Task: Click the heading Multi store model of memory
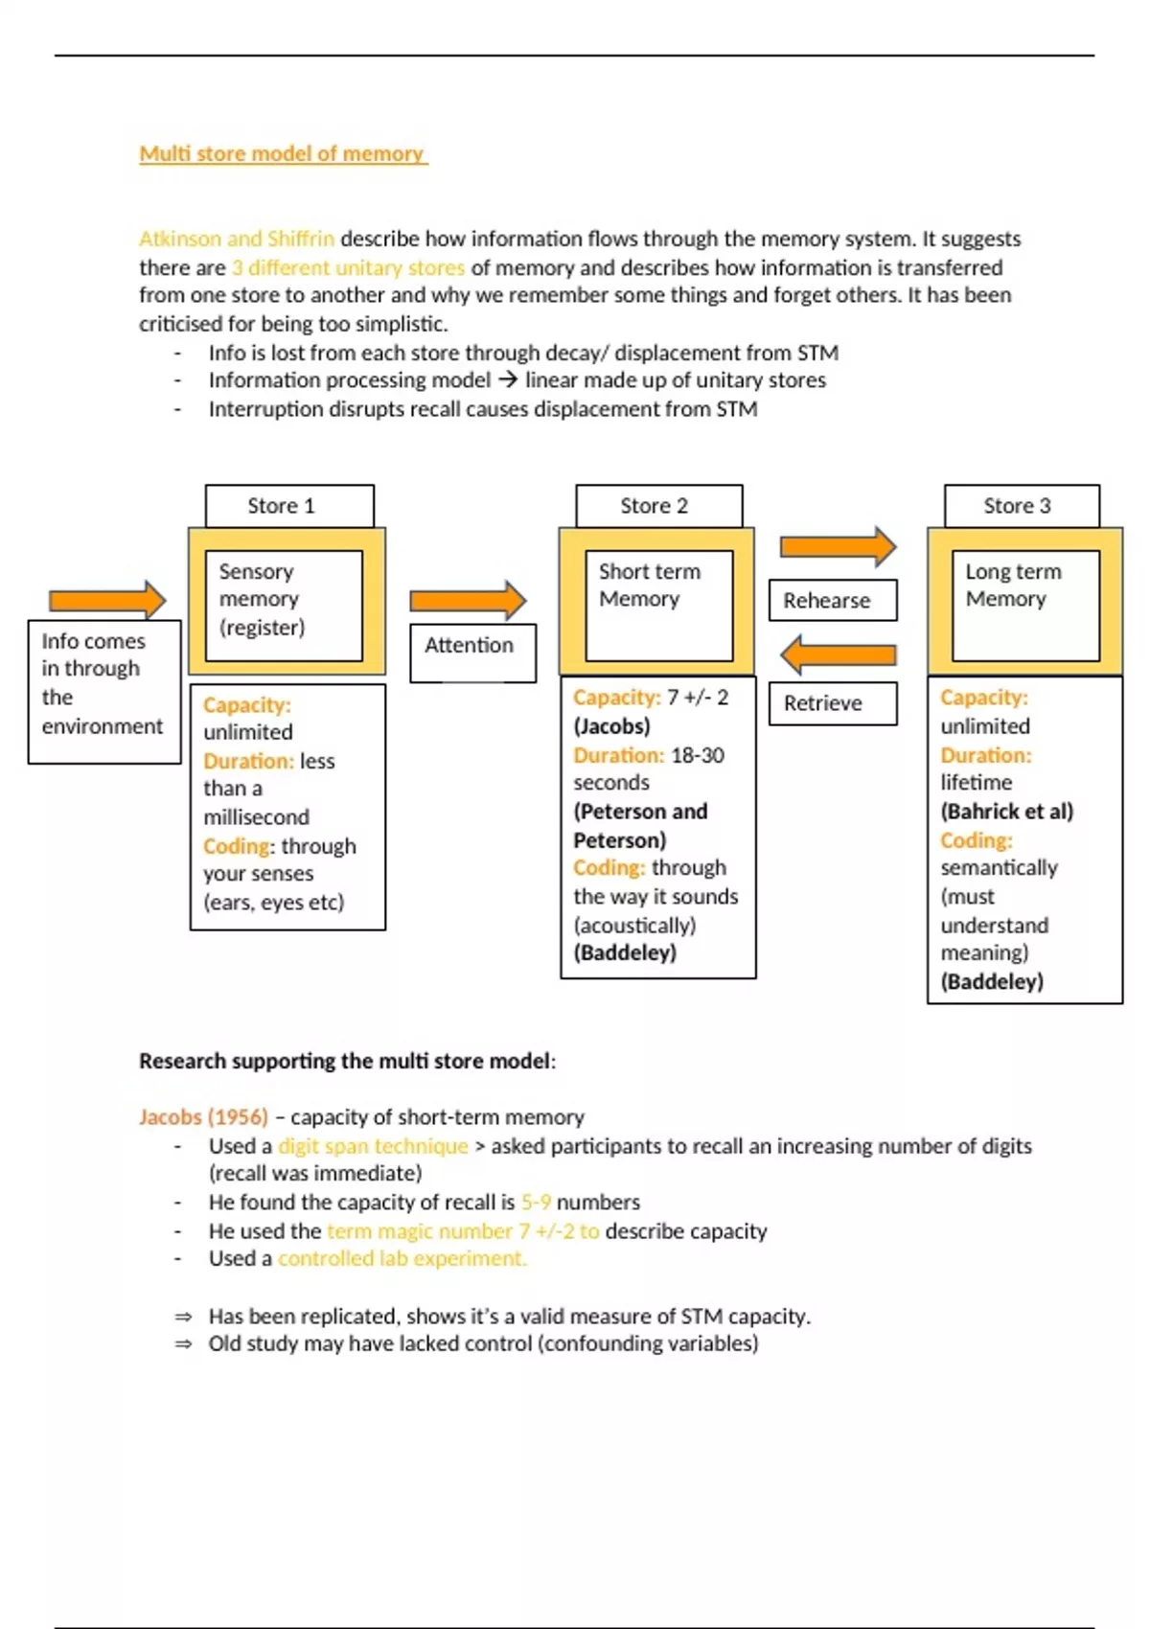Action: pyautogui.click(x=283, y=153)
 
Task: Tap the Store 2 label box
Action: pyautogui.click(x=658, y=505)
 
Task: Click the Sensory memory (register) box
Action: pyautogui.click(x=284, y=604)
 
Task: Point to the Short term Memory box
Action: pyautogui.click(x=658, y=604)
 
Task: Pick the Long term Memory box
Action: pyautogui.click(x=1024, y=604)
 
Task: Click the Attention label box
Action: pyautogui.click(x=471, y=652)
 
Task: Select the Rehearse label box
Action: pyautogui.click(x=832, y=600)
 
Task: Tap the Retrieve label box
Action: pyautogui.click(x=832, y=702)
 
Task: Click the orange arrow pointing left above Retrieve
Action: pyautogui.click(x=838, y=655)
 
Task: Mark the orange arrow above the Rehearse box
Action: pyautogui.click(x=838, y=547)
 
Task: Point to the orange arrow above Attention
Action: pyautogui.click(x=468, y=601)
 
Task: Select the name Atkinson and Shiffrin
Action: pyautogui.click(x=237, y=239)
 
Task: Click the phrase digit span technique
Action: pyautogui.click(x=373, y=1146)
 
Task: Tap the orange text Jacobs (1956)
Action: pyautogui.click(x=203, y=1117)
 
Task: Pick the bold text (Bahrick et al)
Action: pyautogui.click(x=1006, y=812)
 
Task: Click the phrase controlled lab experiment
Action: pyautogui.click(x=402, y=1259)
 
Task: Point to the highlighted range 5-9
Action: pyautogui.click(x=536, y=1203)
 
